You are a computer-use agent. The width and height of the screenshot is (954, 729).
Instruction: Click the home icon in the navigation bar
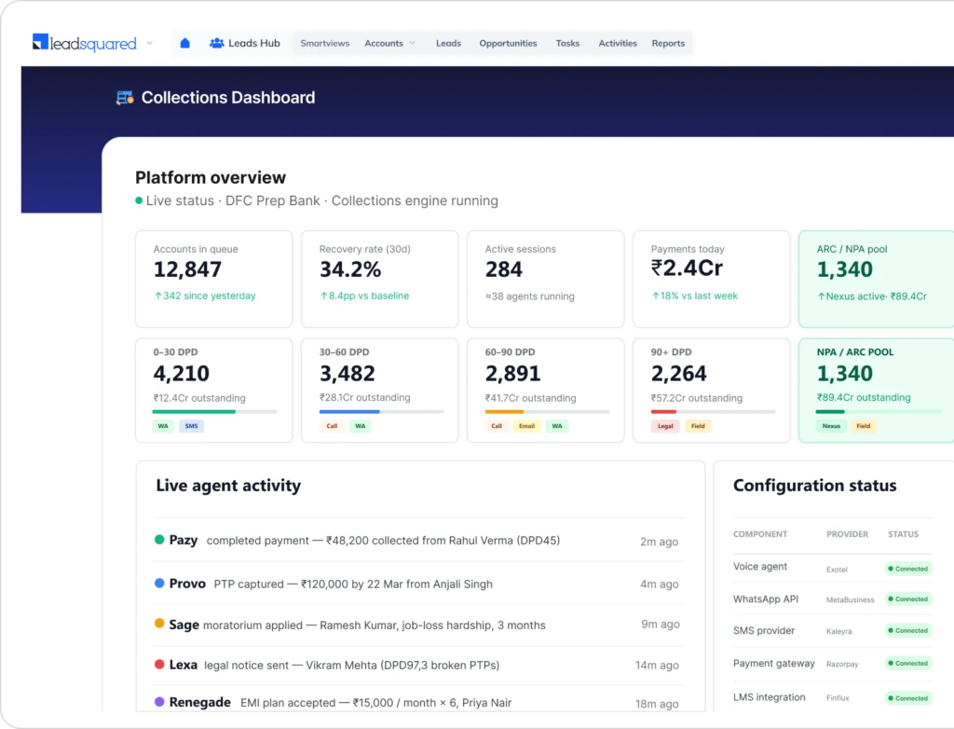[185, 43]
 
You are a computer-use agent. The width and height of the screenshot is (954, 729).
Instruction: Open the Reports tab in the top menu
[668, 43]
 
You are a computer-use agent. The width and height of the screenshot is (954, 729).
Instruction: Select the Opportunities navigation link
[508, 43]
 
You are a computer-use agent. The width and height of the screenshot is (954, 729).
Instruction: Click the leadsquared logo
[85, 43]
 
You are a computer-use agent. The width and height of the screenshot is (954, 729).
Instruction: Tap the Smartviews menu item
[325, 43]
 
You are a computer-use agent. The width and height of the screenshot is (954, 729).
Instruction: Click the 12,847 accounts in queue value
[187, 269]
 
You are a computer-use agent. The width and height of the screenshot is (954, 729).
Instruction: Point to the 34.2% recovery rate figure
[350, 269]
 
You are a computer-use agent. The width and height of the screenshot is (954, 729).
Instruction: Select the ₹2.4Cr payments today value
[687, 268]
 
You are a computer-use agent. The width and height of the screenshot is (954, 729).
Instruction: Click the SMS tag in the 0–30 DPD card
[192, 426]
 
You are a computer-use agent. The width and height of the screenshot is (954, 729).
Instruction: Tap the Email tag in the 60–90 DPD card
[527, 426]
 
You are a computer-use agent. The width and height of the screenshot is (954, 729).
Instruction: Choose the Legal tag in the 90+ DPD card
[665, 426]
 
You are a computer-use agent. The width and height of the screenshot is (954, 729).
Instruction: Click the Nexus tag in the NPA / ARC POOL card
[831, 426]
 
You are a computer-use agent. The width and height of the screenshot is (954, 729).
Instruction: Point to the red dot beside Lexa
[159, 664]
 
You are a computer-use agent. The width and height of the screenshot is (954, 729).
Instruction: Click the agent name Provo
[187, 584]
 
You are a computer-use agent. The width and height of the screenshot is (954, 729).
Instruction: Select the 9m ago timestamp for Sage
[661, 625]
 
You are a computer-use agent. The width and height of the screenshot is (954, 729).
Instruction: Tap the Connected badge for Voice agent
[908, 569]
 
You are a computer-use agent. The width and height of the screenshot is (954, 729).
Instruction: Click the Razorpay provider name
[842, 664]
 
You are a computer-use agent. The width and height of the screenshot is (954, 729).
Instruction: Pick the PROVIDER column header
[847, 534]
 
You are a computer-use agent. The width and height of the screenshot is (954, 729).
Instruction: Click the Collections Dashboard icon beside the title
[125, 98]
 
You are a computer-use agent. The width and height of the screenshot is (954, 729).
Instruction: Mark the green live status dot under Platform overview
[139, 200]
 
